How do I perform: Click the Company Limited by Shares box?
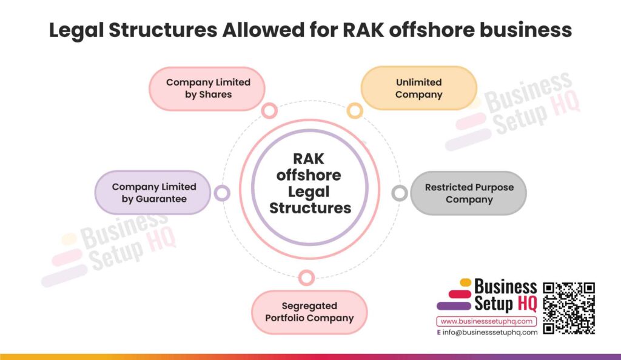pyautogui.click(x=207, y=88)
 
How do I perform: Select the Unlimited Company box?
pyautogui.click(x=418, y=88)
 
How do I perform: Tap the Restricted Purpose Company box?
pyautogui.click(x=469, y=193)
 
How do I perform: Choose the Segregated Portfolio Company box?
pyautogui.click(x=309, y=312)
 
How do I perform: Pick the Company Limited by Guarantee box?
pyautogui.click(x=153, y=193)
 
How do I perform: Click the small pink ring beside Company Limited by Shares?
pyautogui.click(x=269, y=110)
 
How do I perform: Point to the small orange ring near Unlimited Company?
pyautogui.click(x=355, y=110)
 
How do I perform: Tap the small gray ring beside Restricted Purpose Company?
pyautogui.click(x=399, y=193)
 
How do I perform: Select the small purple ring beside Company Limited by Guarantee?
pyautogui.click(x=222, y=193)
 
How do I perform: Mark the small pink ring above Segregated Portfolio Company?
pyautogui.click(x=307, y=278)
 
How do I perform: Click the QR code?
pyautogui.click(x=568, y=308)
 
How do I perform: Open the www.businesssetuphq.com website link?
pyautogui.click(x=486, y=321)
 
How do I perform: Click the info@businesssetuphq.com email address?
pyautogui.click(x=490, y=332)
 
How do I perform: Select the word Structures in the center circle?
pyautogui.click(x=310, y=208)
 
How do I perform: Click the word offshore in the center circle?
pyautogui.click(x=309, y=175)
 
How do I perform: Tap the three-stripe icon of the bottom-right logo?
pyautogui.click(x=454, y=295)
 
